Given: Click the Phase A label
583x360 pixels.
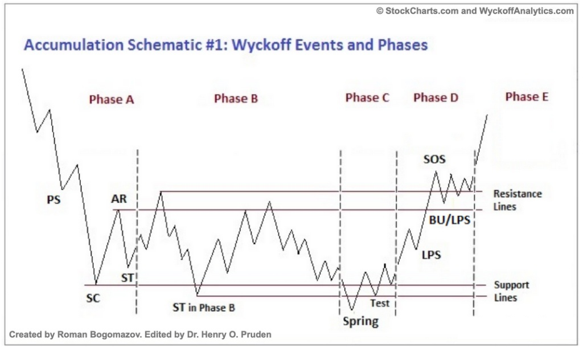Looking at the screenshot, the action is [x=112, y=99].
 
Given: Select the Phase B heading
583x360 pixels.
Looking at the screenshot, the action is [x=236, y=99].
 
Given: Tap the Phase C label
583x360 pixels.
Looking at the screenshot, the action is [x=367, y=97].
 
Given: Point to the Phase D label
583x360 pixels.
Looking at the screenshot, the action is [x=436, y=97].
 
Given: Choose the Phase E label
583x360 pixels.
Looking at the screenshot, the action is [x=527, y=97].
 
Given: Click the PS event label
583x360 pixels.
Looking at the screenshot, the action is [x=54, y=200].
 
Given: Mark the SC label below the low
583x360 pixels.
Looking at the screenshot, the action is [x=93, y=298].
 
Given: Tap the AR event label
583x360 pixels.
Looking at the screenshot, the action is [x=119, y=199].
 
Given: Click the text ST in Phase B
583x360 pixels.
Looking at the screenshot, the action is [x=204, y=308].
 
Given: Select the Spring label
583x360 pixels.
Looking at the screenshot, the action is [x=360, y=321].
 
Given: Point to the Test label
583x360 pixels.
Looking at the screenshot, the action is [x=380, y=303].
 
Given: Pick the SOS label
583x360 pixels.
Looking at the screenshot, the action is [x=434, y=159].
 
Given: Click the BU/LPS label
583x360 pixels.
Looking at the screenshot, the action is [x=450, y=220].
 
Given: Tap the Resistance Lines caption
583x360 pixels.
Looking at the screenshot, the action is [x=517, y=200].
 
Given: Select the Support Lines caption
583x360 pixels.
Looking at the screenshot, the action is [x=511, y=291].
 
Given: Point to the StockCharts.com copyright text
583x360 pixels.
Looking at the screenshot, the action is [x=475, y=11].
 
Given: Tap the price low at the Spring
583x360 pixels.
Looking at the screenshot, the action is [x=352, y=310].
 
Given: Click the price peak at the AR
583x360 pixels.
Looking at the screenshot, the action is [x=118, y=210].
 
